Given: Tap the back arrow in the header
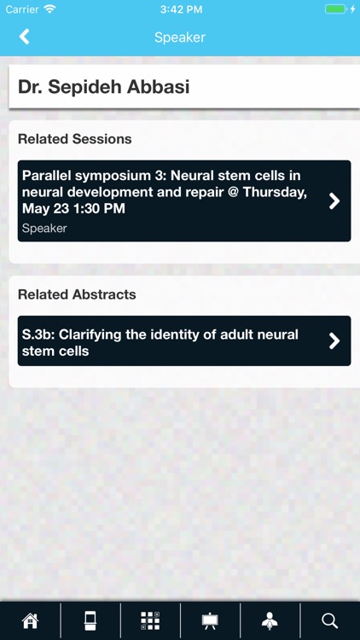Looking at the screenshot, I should pyautogui.click(x=24, y=37).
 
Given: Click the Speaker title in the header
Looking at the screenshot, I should pyautogui.click(x=180, y=38).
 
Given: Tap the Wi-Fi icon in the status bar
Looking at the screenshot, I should pyautogui.click(x=49, y=9).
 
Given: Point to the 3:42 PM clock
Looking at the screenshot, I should pyautogui.click(x=180, y=9).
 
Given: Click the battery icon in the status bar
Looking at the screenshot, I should pyautogui.click(x=335, y=9).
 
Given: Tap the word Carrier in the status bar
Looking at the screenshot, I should pyautogui.click(x=21, y=9).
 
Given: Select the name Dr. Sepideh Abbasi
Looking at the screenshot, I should pyautogui.click(x=103, y=87).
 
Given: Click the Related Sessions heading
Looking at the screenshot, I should pyautogui.click(x=75, y=139).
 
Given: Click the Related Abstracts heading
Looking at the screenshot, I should pyautogui.click(x=77, y=294).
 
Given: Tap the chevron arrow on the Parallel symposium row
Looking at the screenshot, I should pyautogui.click(x=334, y=201).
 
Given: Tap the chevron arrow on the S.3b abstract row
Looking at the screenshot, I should pyautogui.click(x=334, y=341).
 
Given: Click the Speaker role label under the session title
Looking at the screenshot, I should pyautogui.click(x=44, y=228).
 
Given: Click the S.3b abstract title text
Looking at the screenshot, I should pyautogui.click(x=160, y=342).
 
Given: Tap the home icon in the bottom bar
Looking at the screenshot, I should pyautogui.click(x=30, y=621).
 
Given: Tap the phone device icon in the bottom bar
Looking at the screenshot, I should pyautogui.click(x=90, y=621).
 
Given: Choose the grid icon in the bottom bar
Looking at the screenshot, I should pyautogui.click(x=150, y=621).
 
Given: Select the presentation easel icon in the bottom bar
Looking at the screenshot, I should pyautogui.click(x=210, y=621).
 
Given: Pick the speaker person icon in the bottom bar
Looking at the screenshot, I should pyautogui.click(x=270, y=621).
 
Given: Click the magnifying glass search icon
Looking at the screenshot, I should pyautogui.click(x=330, y=621).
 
